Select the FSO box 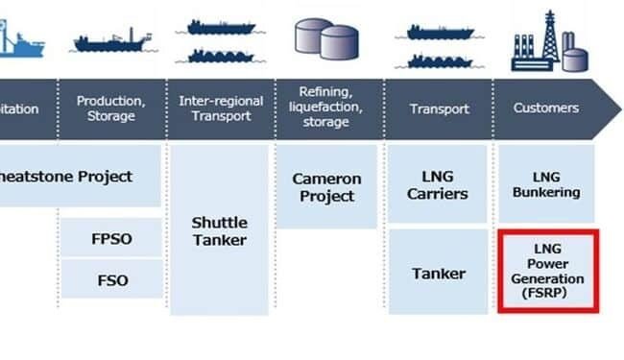(108, 281)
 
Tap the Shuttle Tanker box (220, 230)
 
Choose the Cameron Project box (326, 187)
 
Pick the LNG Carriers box (439, 185)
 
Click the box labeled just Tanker (439, 274)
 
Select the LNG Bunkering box (543, 184)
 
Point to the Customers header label (544, 108)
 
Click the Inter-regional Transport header (220, 108)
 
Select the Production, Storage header (111, 108)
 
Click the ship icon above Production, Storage (111, 41)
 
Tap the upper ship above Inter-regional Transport (220, 28)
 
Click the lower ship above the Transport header (441, 61)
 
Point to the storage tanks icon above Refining (325, 38)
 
